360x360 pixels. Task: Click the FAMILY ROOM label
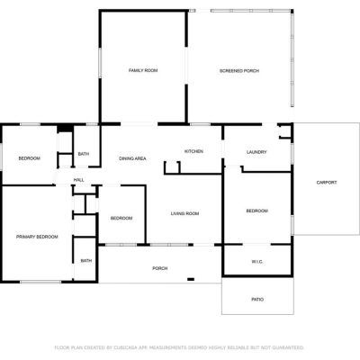(143, 70)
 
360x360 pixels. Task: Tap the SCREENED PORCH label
(239, 71)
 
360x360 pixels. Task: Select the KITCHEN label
(193, 151)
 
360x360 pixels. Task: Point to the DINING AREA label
(132, 158)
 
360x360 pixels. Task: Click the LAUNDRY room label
(256, 152)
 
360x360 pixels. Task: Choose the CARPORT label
(327, 183)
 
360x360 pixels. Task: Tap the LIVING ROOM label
(184, 213)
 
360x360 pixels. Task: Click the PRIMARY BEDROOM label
(37, 237)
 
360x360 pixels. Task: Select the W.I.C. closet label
(257, 262)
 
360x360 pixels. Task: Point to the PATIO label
(257, 300)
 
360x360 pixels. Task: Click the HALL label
(79, 180)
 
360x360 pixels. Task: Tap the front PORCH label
(160, 268)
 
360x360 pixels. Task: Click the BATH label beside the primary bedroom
(86, 261)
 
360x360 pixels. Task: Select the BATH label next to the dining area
(84, 154)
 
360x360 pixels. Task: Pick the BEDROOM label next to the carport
(256, 211)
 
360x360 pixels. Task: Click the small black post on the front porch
(191, 280)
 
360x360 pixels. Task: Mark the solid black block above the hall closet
(65, 128)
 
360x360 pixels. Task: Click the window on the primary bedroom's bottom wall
(40, 282)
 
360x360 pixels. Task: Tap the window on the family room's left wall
(100, 63)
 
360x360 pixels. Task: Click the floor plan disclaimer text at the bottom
(179, 347)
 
